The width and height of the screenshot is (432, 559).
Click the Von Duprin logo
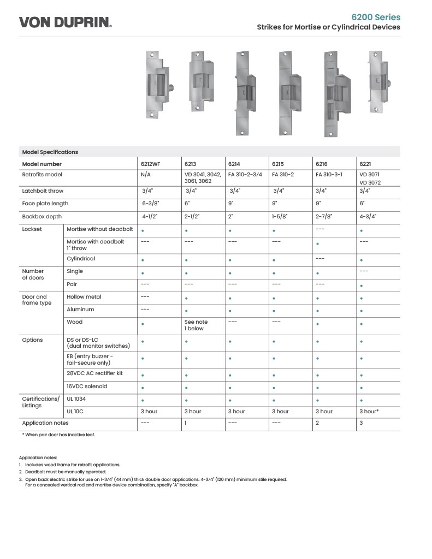point(66,22)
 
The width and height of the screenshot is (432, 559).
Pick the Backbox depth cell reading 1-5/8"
point(280,216)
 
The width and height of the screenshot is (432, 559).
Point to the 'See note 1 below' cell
point(196,325)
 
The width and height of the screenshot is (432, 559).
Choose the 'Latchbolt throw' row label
point(43,191)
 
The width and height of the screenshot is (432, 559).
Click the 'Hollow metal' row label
point(84,297)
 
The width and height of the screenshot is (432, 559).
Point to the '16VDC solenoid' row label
point(87,386)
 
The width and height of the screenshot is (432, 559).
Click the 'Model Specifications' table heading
point(50,152)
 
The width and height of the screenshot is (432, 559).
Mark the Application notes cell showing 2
point(317,423)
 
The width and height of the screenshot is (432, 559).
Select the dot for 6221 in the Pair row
point(362,286)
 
